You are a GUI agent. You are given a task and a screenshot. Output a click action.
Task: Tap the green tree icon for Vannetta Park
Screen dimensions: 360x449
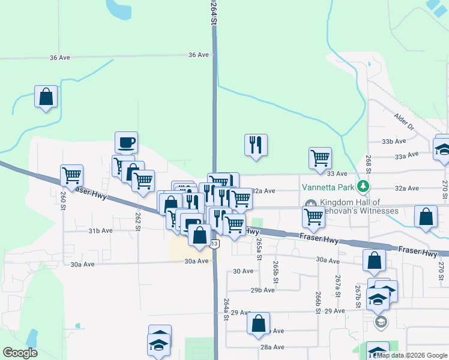click(363, 186)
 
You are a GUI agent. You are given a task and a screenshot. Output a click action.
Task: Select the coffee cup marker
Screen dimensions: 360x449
click(126, 143)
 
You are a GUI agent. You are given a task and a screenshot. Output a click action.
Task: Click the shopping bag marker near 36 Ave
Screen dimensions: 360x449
click(46, 97)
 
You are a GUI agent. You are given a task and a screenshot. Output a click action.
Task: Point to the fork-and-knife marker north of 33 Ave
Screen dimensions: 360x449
click(256, 145)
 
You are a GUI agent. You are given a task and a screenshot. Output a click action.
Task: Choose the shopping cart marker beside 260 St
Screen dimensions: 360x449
click(71, 175)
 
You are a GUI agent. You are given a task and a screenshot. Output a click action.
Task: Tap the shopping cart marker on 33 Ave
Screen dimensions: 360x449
click(320, 158)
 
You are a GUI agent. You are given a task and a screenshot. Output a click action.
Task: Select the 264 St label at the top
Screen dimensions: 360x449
click(213, 12)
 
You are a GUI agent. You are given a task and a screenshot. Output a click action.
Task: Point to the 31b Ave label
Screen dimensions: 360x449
click(101, 230)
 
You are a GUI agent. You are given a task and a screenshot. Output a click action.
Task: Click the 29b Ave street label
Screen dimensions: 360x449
click(262, 290)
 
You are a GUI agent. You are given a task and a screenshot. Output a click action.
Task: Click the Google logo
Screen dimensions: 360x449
click(20, 353)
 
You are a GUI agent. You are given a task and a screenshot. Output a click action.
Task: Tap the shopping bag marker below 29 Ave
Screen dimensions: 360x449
click(258, 323)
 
